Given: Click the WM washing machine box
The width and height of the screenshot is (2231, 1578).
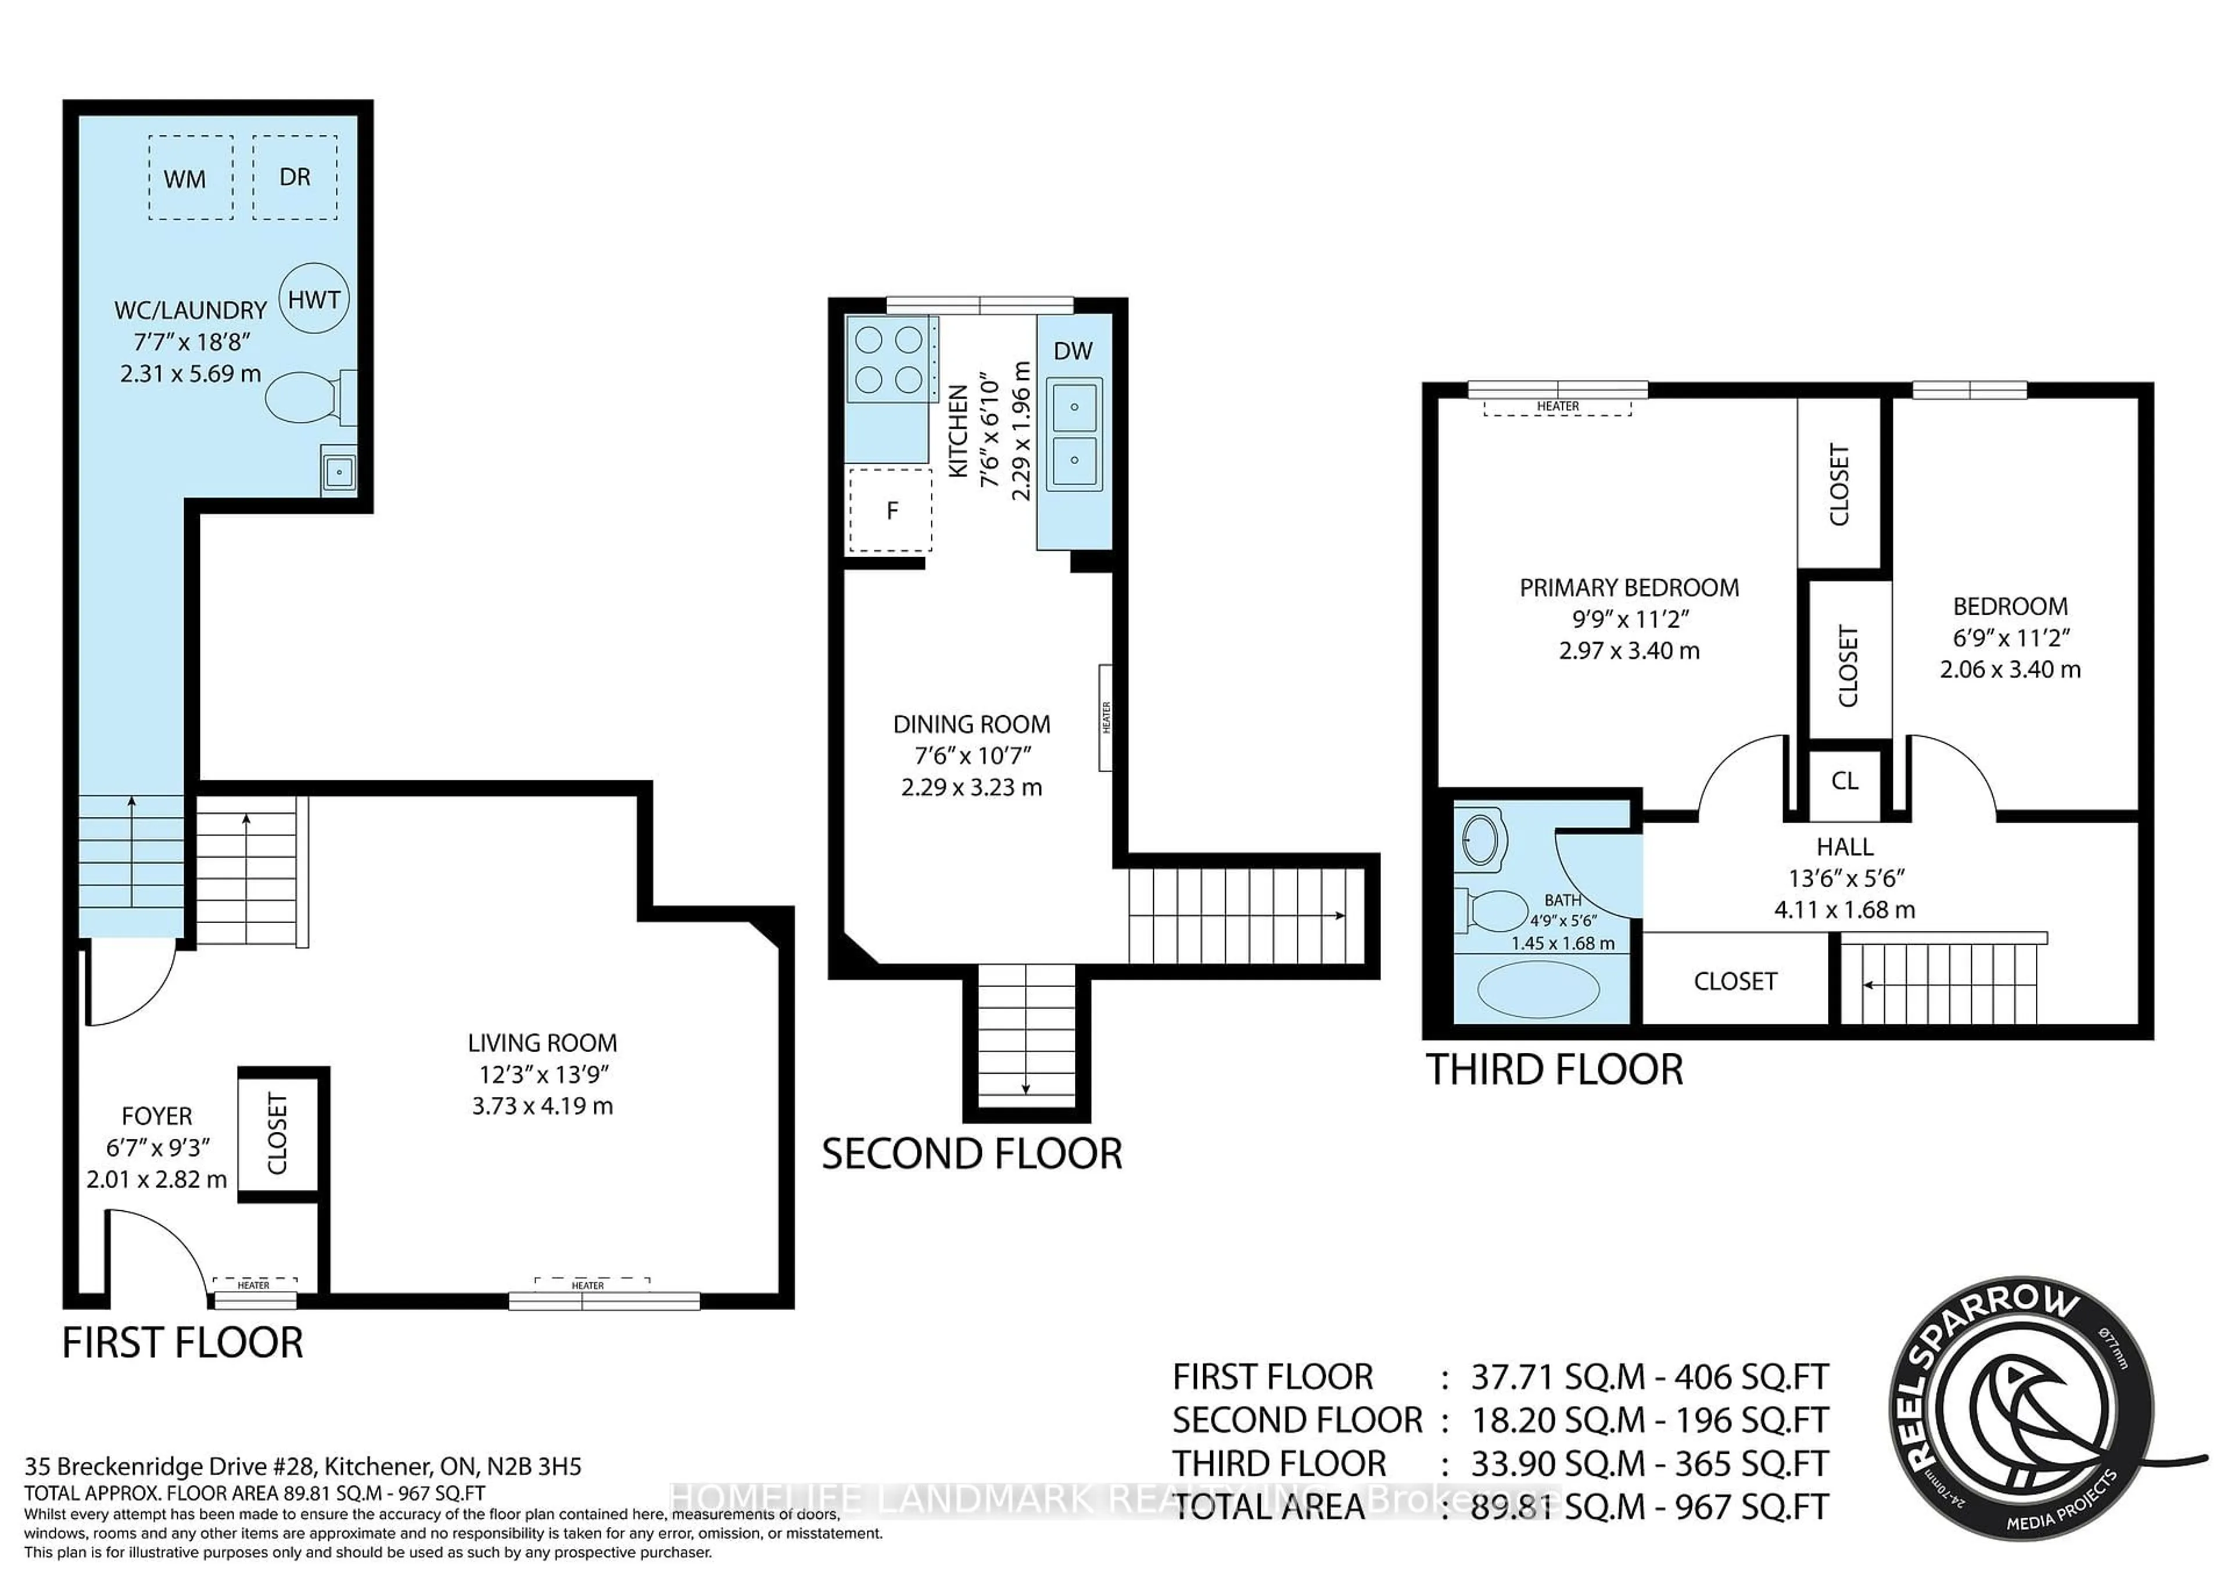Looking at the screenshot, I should tap(191, 178).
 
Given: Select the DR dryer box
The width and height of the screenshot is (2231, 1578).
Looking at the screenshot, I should tap(295, 177).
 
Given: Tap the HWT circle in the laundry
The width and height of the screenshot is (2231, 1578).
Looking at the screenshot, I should tap(314, 299).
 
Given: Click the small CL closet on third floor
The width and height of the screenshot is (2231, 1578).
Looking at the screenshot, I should tap(1844, 780).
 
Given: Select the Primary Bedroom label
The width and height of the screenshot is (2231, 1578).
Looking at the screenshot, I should tap(1629, 588).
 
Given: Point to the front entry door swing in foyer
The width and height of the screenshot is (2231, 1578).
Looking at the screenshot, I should tap(156, 1253).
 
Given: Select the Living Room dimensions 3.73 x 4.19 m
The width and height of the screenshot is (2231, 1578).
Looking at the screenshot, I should tap(542, 1106).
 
